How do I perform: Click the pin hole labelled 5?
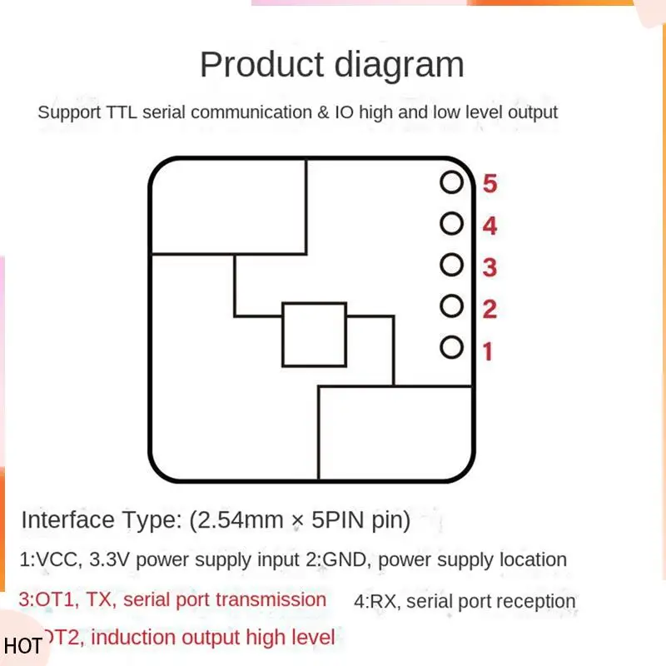pyautogui.click(x=451, y=181)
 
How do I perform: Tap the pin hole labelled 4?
pyautogui.click(x=451, y=223)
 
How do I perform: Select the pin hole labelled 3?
pyautogui.click(x=451, y=265)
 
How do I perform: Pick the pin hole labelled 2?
pyautogui.click(x=451, y=306)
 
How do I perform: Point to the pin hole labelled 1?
pyautogui.click(x=451, y=347)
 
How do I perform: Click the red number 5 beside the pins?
pyautogui.click(x=490, y=183)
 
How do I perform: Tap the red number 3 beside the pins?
pyautogui.click(x=490, y=267)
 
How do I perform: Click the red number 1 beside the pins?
pyautogui.click(x=488, y=351)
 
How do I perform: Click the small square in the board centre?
pyautogui.click(x=314, y=335)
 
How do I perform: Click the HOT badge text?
pyautogui.click(x=22, y=646)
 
